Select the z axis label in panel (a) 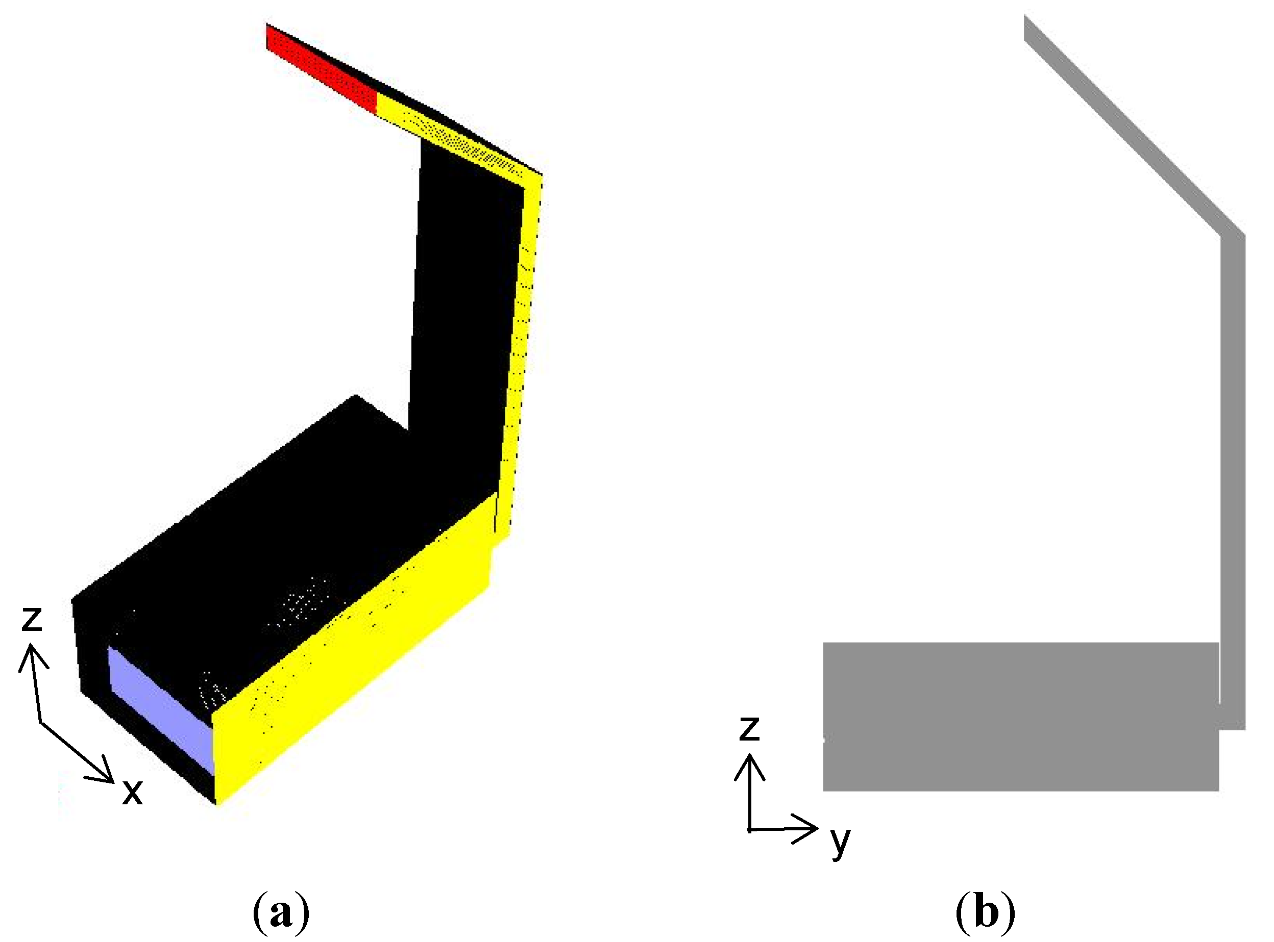[x=32, y=619]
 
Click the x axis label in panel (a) [x=132, y=793]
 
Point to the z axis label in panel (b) [x=749, y=729]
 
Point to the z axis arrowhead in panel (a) [x=32, y=656]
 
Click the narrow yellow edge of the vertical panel [x=522, y=342]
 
